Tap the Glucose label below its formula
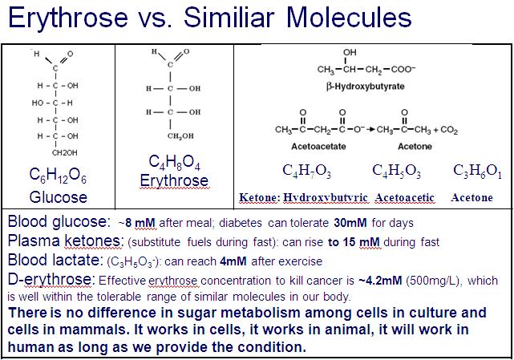58,196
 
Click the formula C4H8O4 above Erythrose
174,164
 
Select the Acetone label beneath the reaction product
415,147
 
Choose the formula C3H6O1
477,172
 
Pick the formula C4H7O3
307,172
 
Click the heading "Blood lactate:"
55,260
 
